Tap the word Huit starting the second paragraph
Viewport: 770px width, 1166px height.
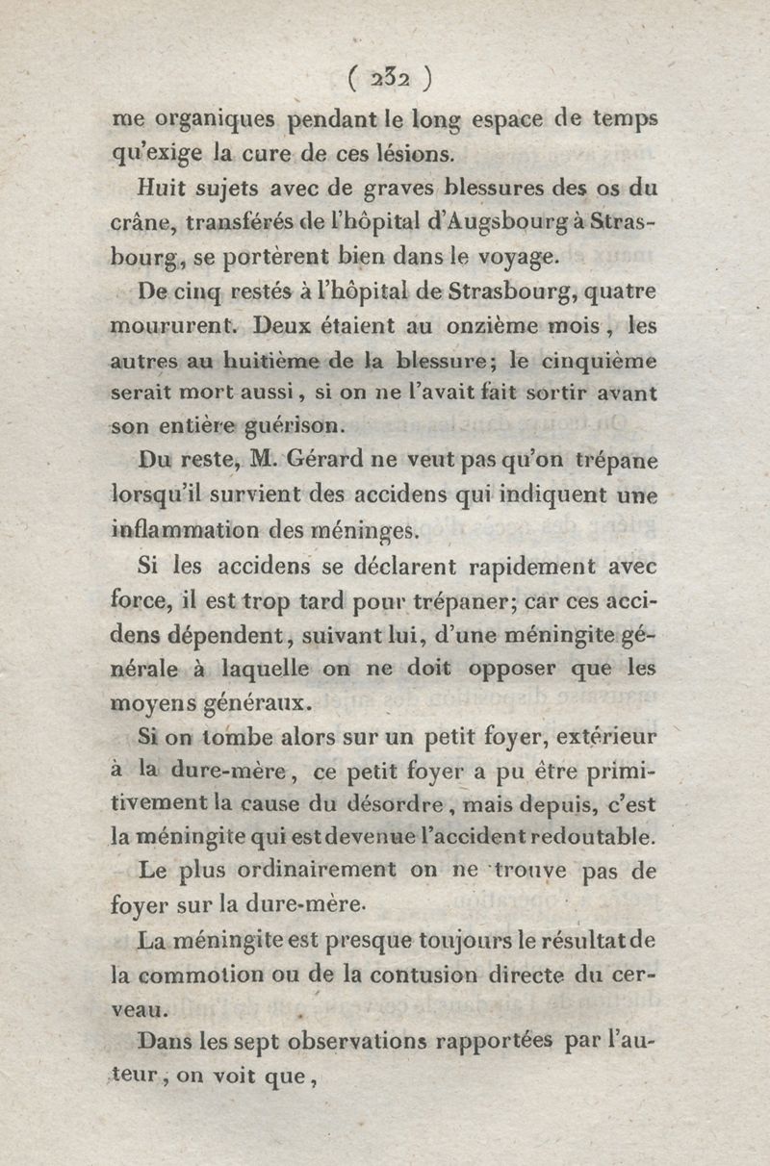tap(162, 188)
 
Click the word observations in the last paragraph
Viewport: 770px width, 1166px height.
tap(349, 1042)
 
